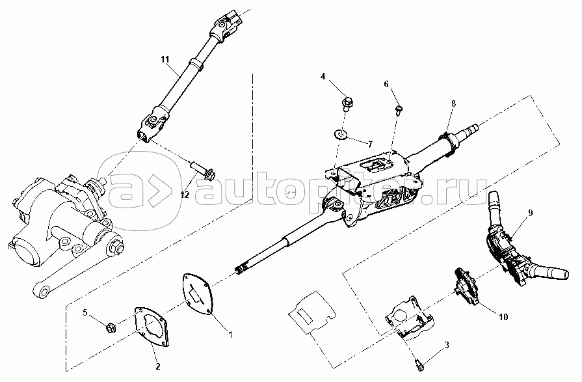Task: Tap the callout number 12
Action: (185, 193)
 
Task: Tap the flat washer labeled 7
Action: (339, 135)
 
